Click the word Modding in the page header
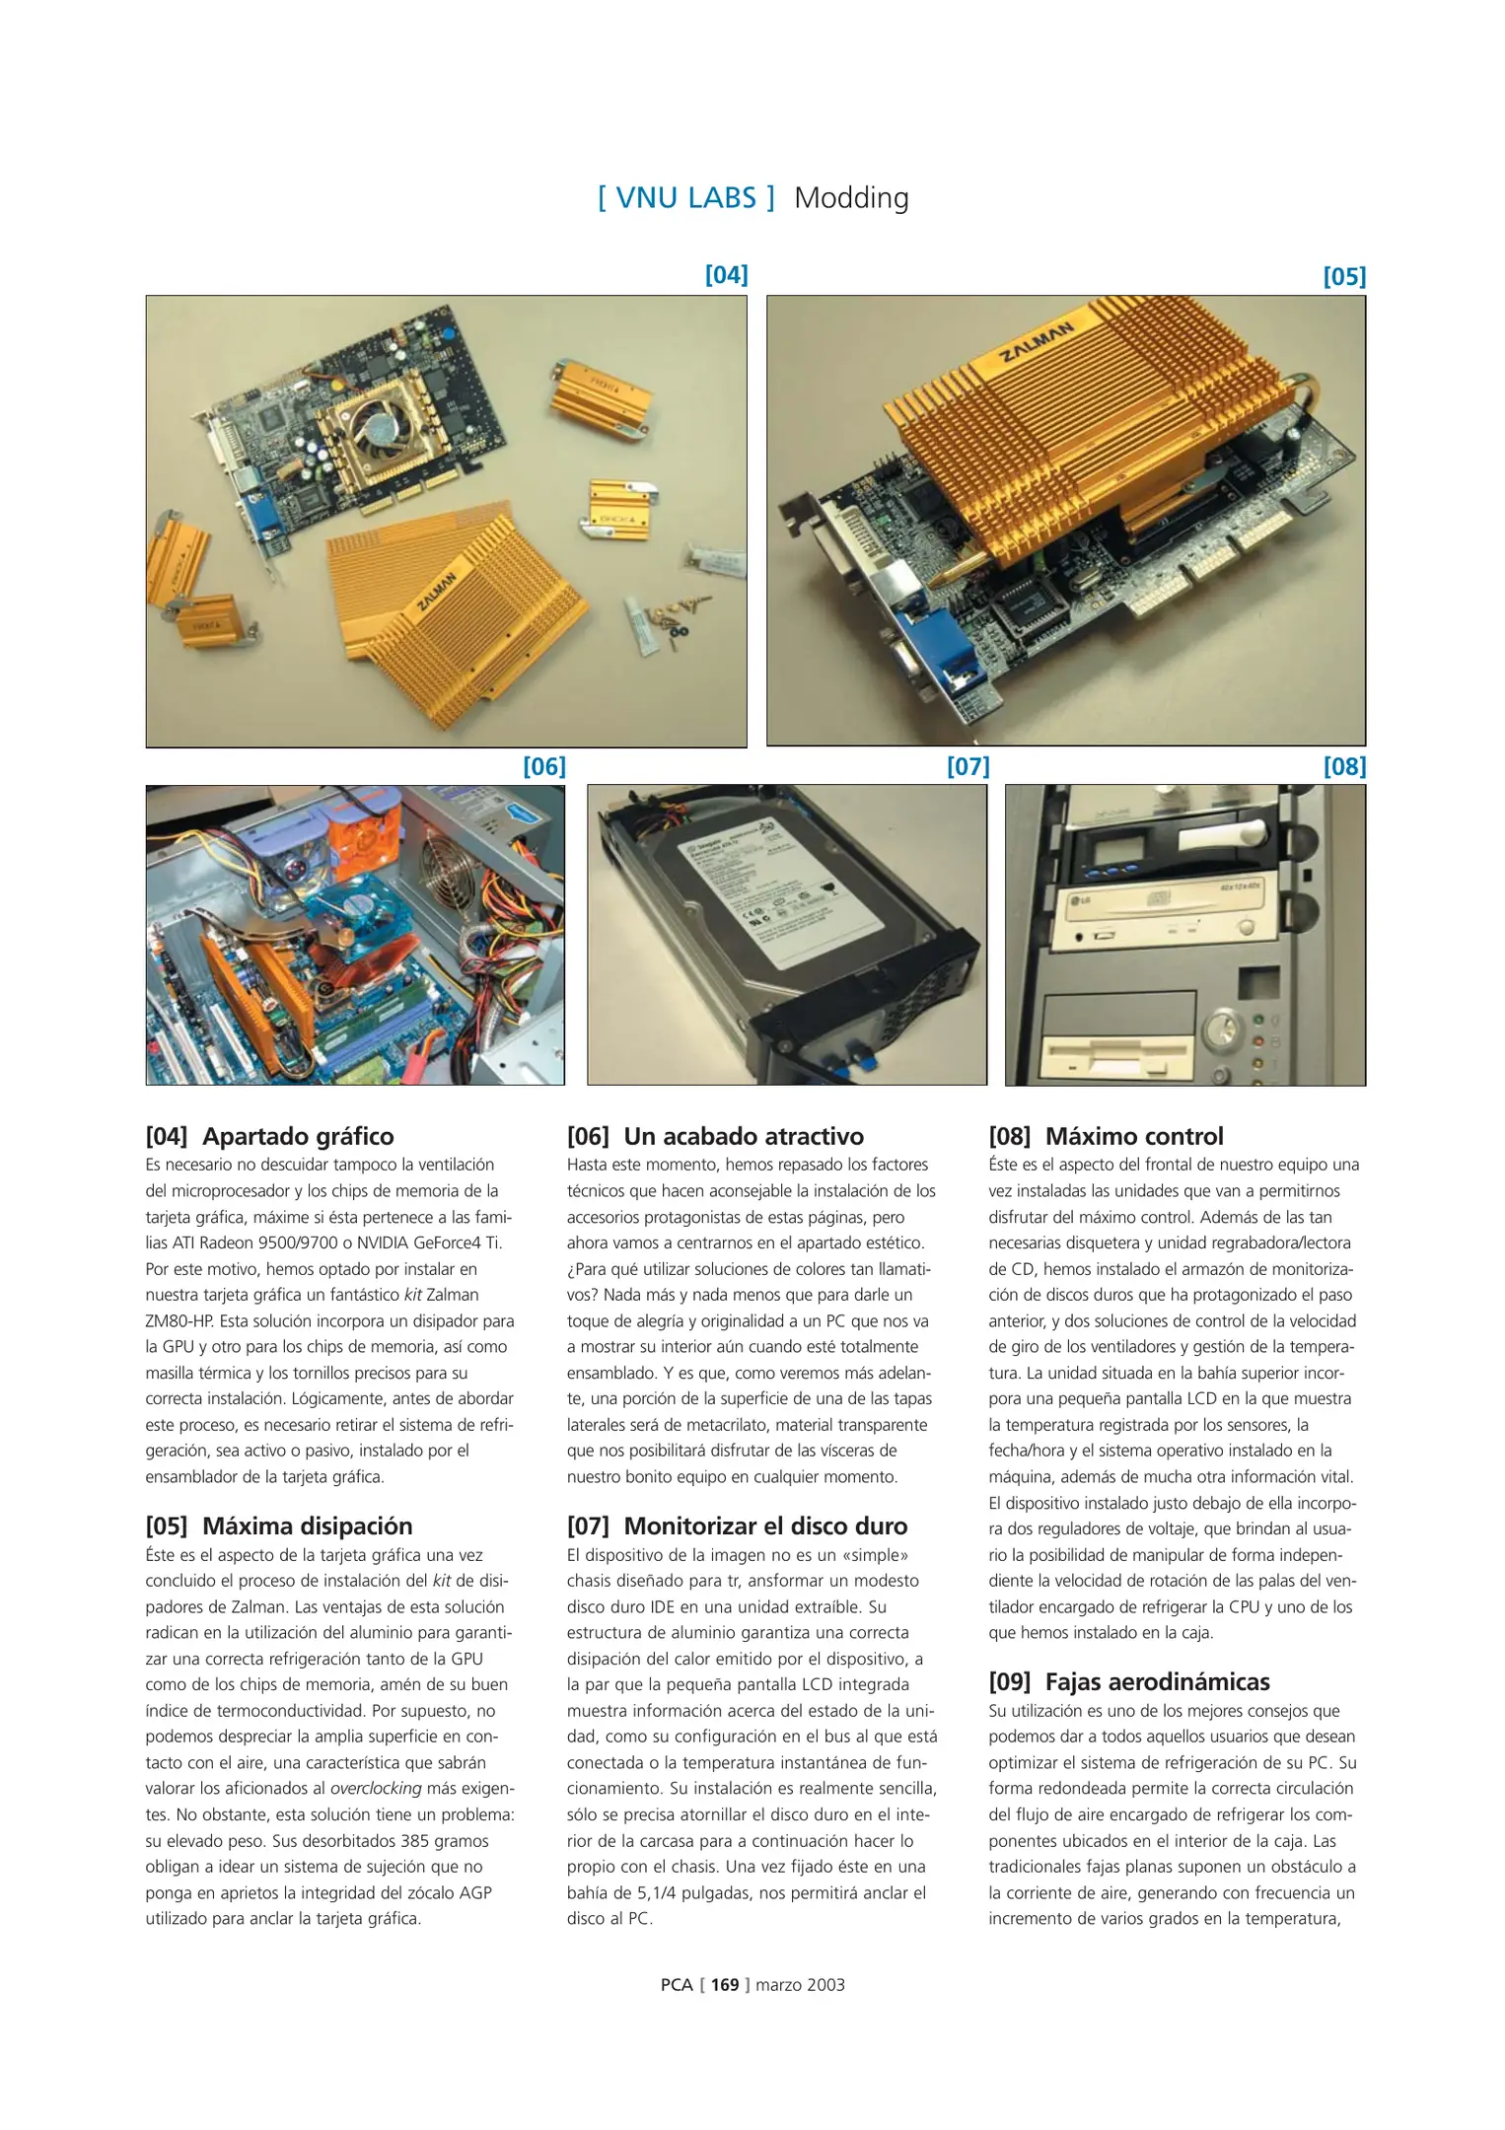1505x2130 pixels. (851, 198)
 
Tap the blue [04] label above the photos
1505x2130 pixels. (726, 275)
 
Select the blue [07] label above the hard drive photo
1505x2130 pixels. (967, 766)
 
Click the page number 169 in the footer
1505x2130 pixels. (724, 1985)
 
